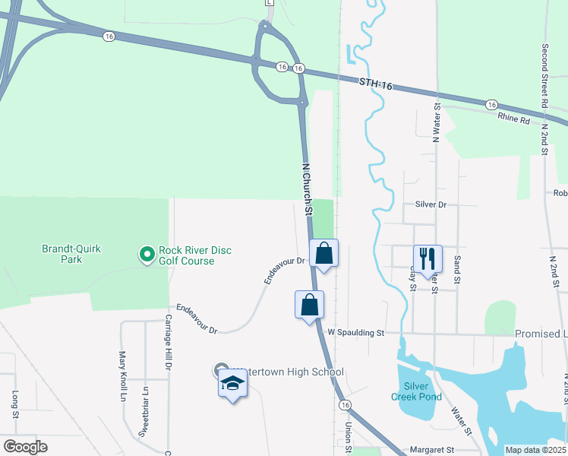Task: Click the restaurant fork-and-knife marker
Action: click(x=428, y=258)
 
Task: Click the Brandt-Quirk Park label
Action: click(x=71, y=254)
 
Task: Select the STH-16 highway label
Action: click(x=376, y=84)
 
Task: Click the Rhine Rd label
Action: click(x=514, y=119)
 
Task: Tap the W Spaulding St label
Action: click(x=356, y=332)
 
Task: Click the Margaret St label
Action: click(x=431, y=450)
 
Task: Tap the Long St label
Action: click(x=14, y=404)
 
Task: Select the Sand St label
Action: click(x=457, y=270)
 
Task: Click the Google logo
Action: click(x=25, y=447)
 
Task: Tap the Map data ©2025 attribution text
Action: click(x=535, y=450)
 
